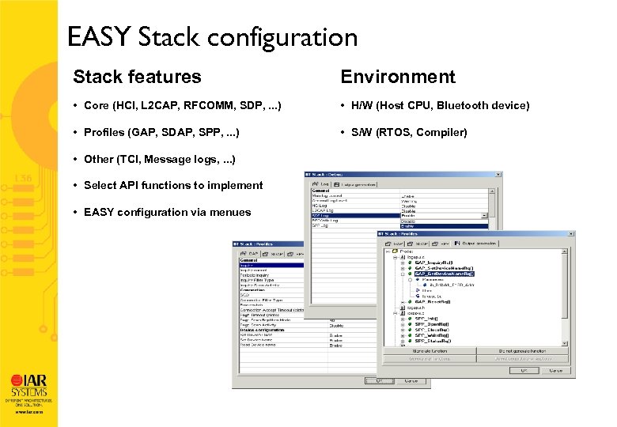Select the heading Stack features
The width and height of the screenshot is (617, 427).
tap(137, 77)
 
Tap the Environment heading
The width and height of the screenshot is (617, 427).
tap(398, 77)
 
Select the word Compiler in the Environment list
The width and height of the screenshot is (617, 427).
tap(446, 132)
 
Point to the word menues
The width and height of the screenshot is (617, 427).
tap(231, 212)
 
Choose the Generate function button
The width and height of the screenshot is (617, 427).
tap(429, 350)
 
